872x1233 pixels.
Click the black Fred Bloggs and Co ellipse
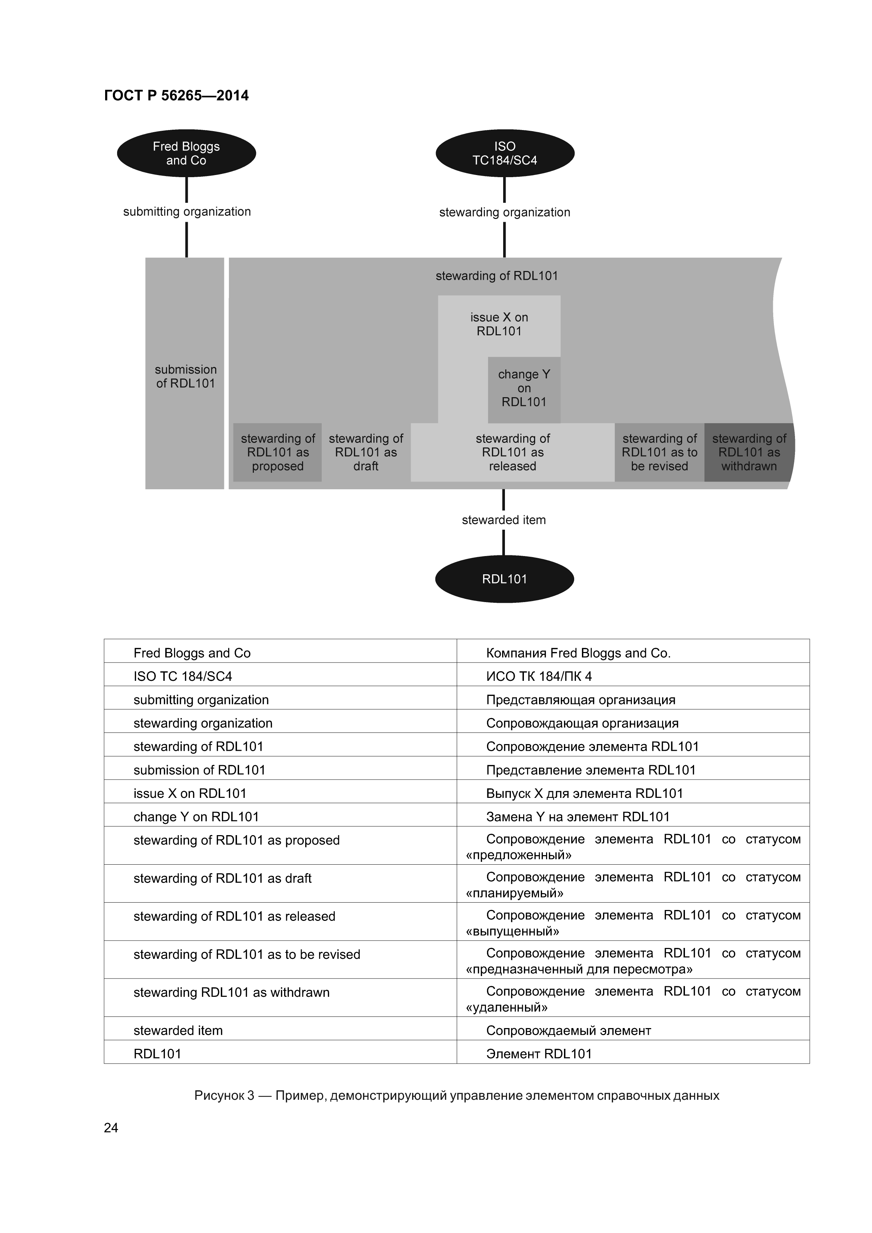click(186, 154)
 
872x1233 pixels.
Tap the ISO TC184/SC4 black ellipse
click(505, 154)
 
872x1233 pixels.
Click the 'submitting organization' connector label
click(186, 212)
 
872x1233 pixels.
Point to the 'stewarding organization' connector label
click(505, 212)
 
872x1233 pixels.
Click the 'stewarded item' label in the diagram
click(504, 520)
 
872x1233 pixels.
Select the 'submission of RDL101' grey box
click(185, 376)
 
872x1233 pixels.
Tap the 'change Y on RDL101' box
click(524, 388)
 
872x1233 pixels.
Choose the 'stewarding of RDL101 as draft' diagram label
click(366, 452)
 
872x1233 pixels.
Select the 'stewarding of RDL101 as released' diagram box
click(513, 452)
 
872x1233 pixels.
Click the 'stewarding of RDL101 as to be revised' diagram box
click(659, 452)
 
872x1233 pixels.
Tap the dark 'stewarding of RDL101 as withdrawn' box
click(749, 452)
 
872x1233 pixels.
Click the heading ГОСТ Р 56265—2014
click(176, 96)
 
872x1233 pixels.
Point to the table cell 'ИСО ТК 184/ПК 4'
click(539, 676)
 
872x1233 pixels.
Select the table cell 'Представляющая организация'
click(580, 700)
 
